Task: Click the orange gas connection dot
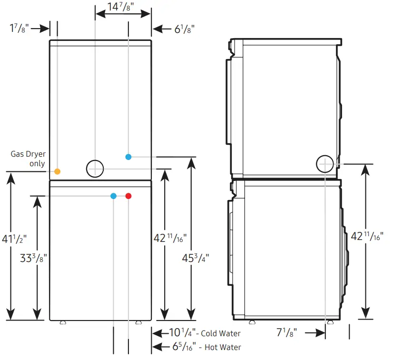click(57, 171)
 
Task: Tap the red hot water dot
click(128, 196)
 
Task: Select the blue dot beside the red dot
click(113, 196)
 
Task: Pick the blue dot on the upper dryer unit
click(128, 157)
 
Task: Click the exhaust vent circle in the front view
click(95, 168)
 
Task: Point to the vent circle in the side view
click(325, 164)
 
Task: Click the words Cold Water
click(220, 333)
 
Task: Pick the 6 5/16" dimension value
click(181, 347)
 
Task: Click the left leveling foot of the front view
click(62, 322)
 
